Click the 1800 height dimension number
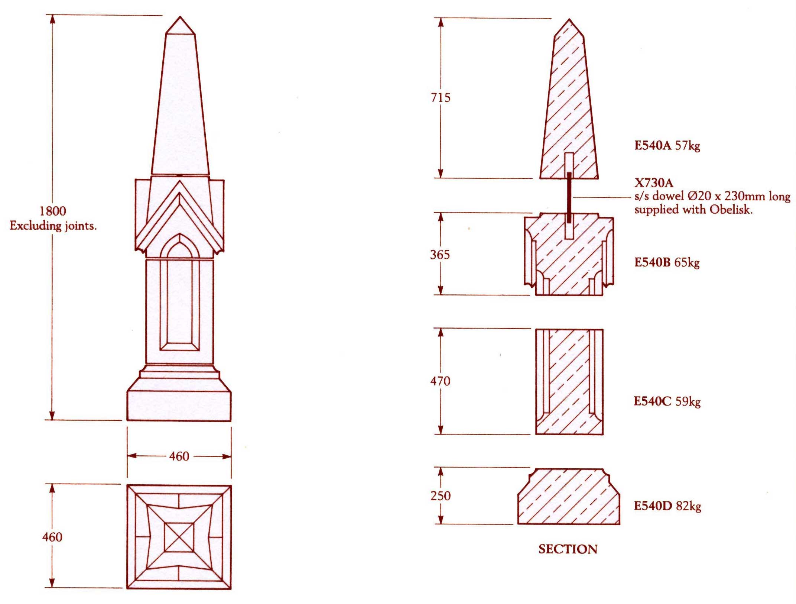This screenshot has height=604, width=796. click(x=53, y=211)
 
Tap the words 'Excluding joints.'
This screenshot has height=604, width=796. click(x=53, y=226)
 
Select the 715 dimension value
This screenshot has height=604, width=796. click(x=441, y=98)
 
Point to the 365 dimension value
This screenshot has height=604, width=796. click(x=440, y=255)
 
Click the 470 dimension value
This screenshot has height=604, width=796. click(x=441, y=381)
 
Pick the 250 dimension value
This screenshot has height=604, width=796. click(x=441, y=496)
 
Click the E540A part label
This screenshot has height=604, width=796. click(x=653, y=145)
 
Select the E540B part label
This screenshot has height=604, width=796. click(x=652, y=262)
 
